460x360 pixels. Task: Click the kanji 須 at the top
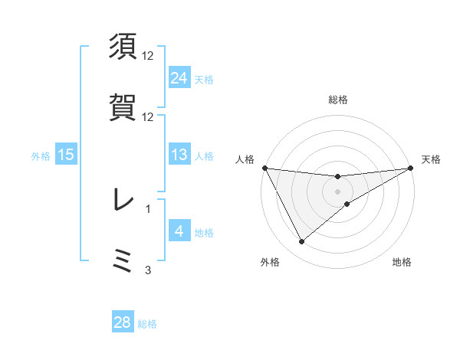123,47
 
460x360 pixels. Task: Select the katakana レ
123,200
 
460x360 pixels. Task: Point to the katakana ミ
123,260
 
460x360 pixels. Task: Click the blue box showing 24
179,78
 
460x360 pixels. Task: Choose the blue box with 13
179,155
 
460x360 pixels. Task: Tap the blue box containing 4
179,231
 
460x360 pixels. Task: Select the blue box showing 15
66,155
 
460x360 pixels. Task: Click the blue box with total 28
123,322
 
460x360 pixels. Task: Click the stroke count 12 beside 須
148,56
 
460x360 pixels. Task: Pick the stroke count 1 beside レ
148,208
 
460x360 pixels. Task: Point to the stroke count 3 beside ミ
148,270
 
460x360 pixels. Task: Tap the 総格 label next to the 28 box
147,324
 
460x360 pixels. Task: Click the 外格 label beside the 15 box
41,156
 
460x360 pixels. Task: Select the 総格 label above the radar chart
338,100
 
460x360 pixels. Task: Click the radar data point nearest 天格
411,168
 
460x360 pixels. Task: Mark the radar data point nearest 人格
264,168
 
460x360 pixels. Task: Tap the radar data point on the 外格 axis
301,242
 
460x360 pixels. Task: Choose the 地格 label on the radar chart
402,262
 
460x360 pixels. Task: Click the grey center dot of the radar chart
338,191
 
